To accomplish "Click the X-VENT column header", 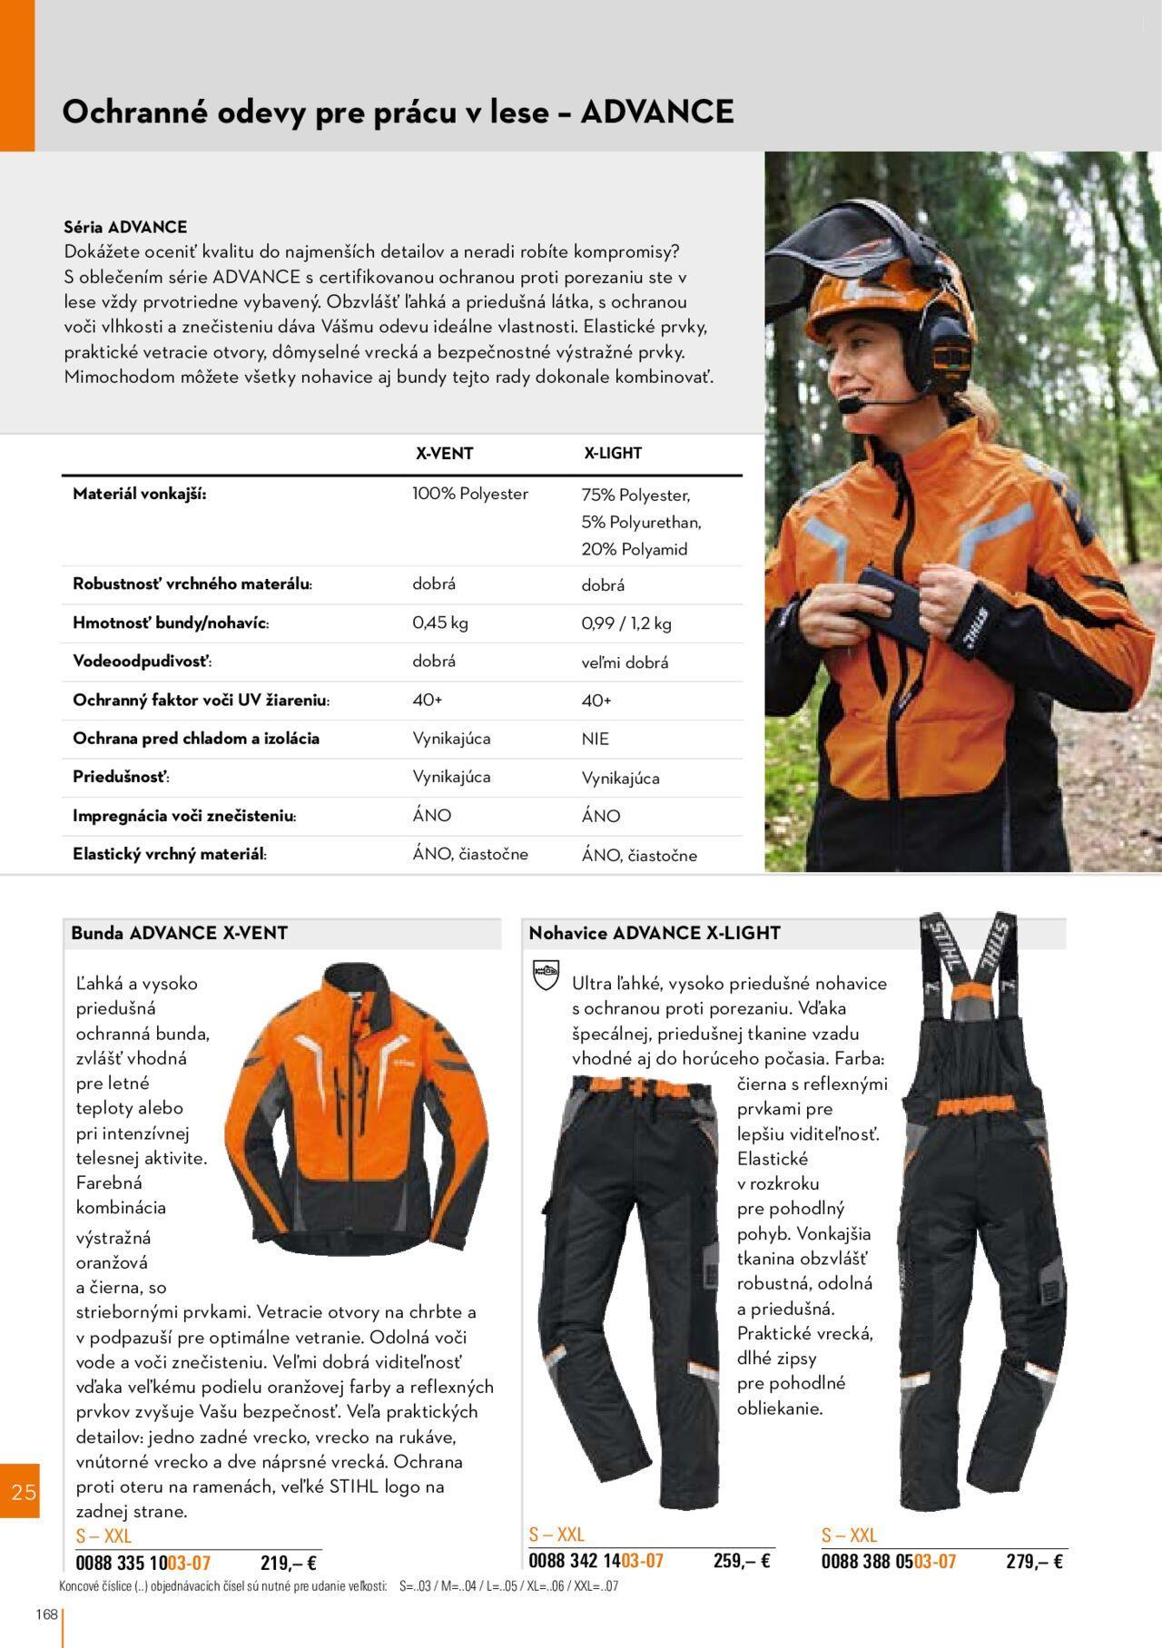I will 444,454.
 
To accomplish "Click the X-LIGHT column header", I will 612,454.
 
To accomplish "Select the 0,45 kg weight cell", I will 440,623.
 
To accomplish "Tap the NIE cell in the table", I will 596,739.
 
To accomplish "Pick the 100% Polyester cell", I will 470,494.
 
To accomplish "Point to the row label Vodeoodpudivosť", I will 142,662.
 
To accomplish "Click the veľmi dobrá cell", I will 625,662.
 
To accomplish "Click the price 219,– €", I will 288,1563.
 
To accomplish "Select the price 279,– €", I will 1034,1561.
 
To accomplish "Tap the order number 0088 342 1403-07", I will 596,1560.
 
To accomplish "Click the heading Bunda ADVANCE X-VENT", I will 180,933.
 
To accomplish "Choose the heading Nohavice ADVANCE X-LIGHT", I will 655,933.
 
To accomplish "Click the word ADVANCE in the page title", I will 656,112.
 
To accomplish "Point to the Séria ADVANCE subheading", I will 125,227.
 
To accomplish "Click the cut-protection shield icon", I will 543,976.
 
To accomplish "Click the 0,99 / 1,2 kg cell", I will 626,623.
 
